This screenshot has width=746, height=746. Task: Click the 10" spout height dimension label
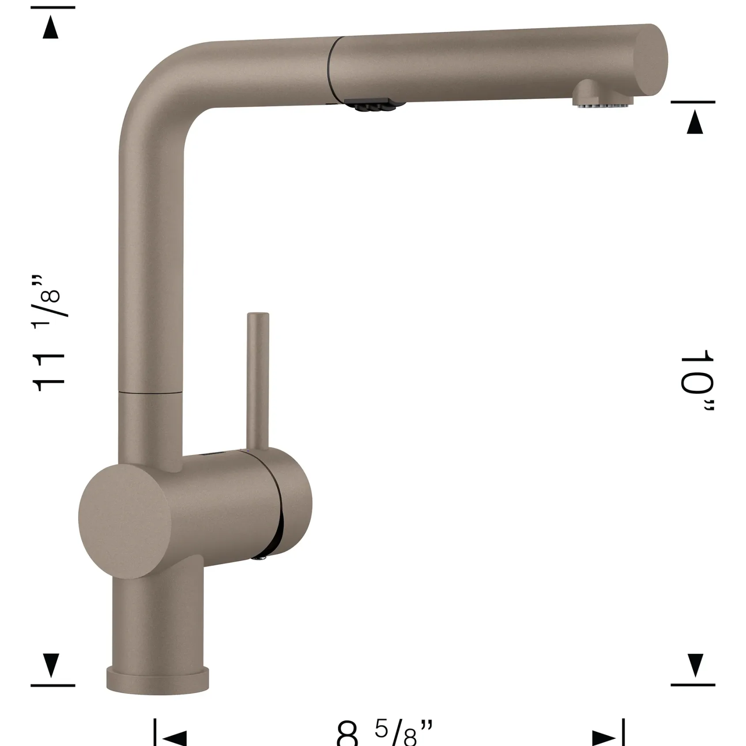tap(697, 380)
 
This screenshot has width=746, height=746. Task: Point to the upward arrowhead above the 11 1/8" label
tap(51, 27)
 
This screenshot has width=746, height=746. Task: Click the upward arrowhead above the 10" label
tap(695, 122)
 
